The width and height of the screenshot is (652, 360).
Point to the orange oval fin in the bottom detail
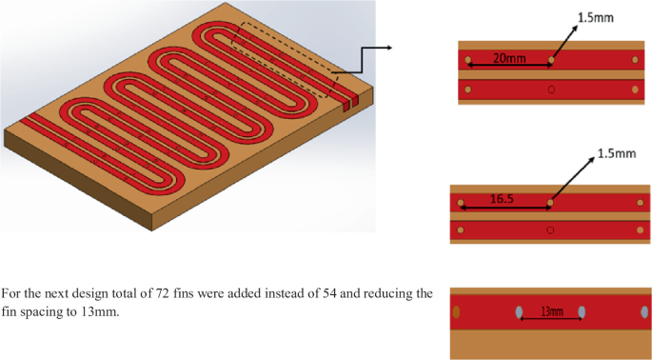click(456, 311)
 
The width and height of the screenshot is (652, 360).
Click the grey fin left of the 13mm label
click(519, 311)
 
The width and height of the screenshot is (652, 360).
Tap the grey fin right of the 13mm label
click(582, 311)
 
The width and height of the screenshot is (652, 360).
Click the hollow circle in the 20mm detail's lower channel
click(551, 90)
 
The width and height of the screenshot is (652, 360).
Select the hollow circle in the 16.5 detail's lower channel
click(549, 230)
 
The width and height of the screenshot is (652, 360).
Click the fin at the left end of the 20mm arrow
click(467, 61)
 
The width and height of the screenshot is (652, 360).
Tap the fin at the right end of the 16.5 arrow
click(549, 204)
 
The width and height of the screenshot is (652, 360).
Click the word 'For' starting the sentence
click(11, 293)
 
